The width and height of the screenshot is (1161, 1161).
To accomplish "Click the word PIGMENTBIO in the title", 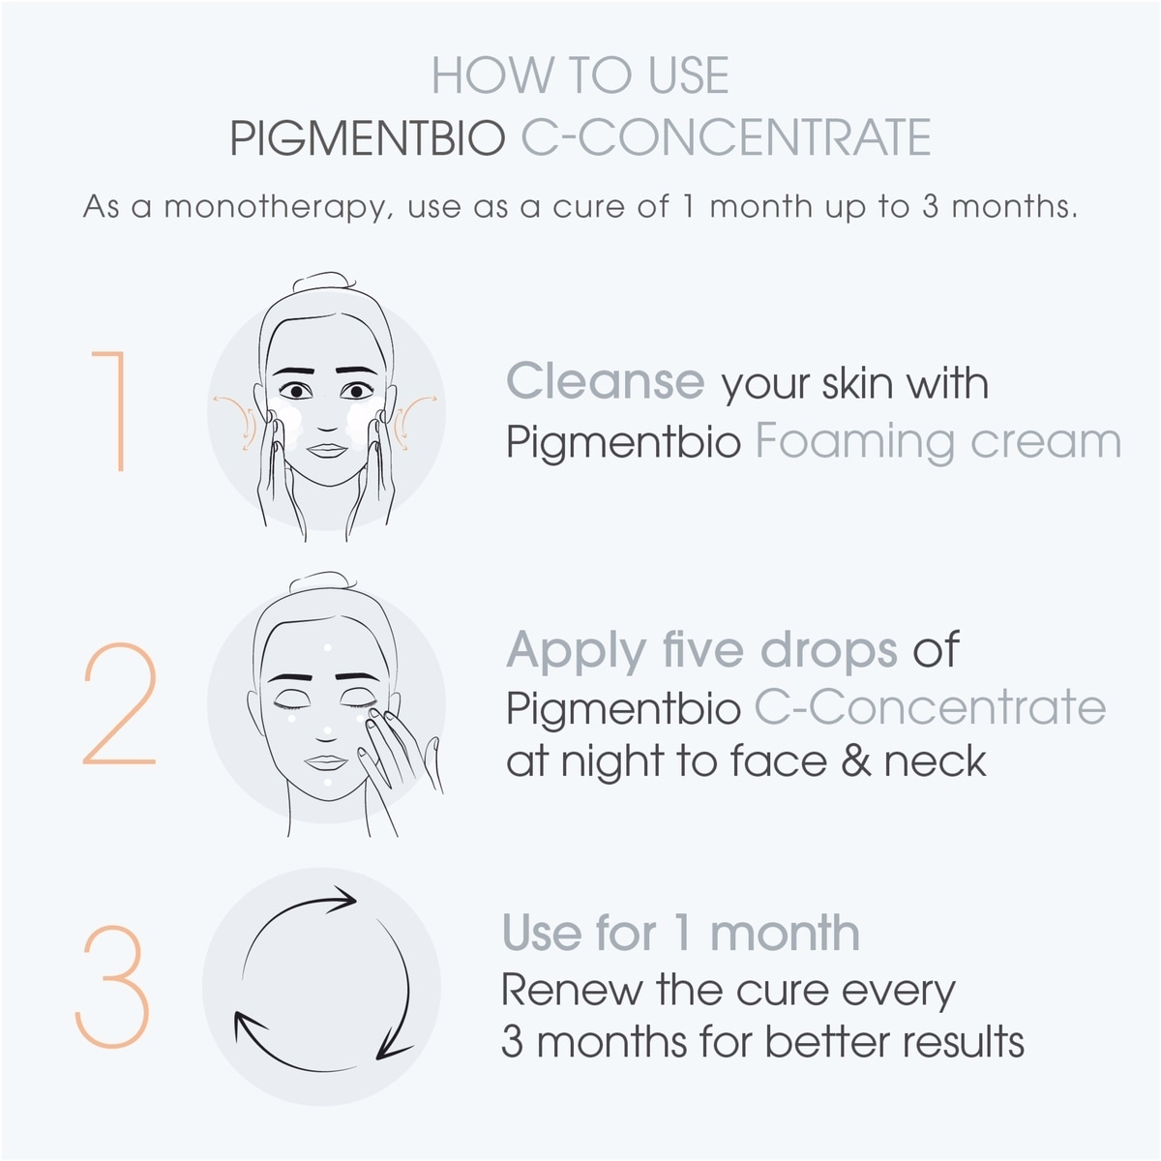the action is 368,138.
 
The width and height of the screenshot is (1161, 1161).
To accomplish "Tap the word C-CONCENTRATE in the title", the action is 726,138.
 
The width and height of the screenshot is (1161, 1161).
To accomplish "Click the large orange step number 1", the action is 109,410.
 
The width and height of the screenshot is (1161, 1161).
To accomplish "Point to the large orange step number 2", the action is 119,703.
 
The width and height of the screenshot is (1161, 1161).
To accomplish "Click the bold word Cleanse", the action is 606,381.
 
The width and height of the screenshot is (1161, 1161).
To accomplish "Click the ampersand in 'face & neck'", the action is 856,761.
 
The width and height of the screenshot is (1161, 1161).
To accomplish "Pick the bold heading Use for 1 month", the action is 681,934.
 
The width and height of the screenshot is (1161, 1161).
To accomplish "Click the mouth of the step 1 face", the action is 327,450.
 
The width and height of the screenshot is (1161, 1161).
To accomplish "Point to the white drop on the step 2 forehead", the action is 328,648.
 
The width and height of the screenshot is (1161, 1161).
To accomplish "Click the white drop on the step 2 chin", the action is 328,784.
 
